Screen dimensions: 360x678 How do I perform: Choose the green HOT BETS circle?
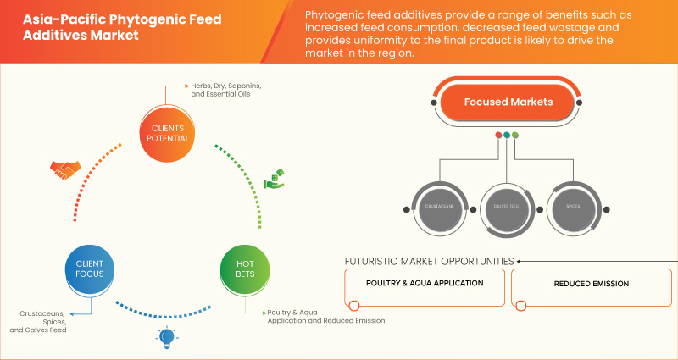pyautogui.click(x=246, y=269)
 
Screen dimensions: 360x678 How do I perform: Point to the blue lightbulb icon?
pyautogui.click(x=168, y=339)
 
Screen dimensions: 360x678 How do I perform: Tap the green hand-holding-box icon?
pyautogui.click(x=275, y=178)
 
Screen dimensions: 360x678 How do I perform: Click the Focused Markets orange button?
pyautogui.click(x=508, y=102)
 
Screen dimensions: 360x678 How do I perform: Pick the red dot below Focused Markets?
pyautogui.click(x=498, y=135)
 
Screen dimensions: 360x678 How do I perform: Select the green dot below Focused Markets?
pyautogui.click(x=515, y=135)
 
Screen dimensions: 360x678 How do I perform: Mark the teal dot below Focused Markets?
pyautogui.click(x=507, y=135)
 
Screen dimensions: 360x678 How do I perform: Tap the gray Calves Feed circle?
pyautogui.click(x=508, y=206)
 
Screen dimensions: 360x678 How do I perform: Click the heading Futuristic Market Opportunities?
pyautogui.click(x=429, y=261)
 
